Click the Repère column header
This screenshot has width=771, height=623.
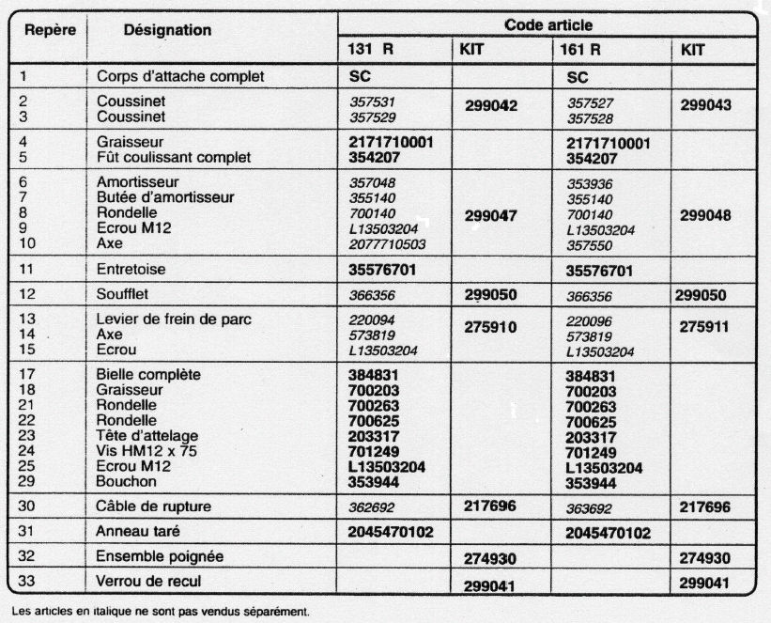click(x=50, y=29)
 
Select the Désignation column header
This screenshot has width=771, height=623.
click(x=167, y=30)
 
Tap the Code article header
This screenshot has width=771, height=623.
click(x=548, y=26)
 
